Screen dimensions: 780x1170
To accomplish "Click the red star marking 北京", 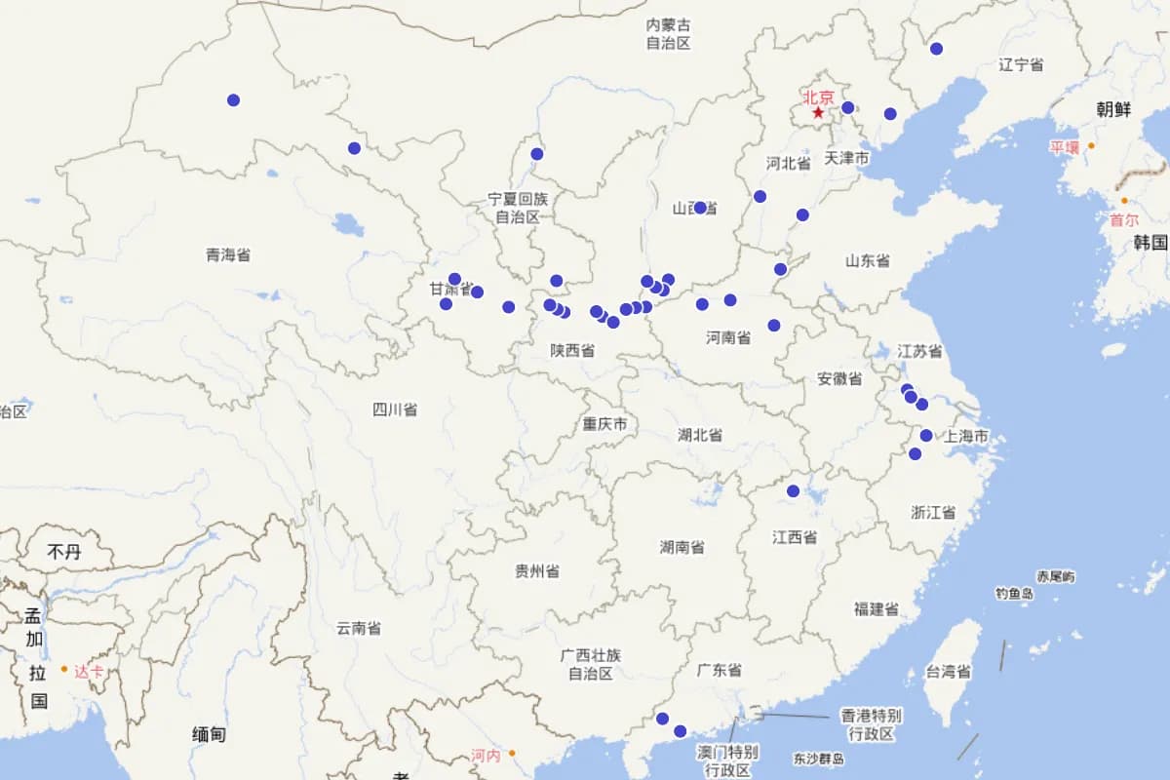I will (818, 113).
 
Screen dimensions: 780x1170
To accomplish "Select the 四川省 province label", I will (395, 409).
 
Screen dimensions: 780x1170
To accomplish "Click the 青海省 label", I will (228, 254).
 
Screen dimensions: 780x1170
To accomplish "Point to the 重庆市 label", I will (604, 424).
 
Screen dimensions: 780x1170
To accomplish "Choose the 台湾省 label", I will (948, 672).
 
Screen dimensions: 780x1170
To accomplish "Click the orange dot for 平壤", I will (1092, 146).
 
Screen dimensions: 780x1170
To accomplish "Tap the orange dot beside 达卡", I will (64, 669).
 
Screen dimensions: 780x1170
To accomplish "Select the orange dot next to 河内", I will (512, 753).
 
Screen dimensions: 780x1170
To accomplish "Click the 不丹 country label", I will (64, 553).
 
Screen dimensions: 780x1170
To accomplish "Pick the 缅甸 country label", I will (209, 734).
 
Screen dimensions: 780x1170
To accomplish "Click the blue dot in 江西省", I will (794, 490).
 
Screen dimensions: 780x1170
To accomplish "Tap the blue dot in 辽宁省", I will (936, 49).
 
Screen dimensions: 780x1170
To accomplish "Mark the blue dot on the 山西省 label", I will (700, 208).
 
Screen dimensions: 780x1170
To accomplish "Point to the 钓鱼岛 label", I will (1014, 593).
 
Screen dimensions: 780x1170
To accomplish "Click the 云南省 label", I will (359, 629).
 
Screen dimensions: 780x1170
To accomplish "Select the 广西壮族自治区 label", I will (591, 664).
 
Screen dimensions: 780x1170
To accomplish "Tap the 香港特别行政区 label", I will (871, 723).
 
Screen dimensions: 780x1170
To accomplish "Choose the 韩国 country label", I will (1150, 243).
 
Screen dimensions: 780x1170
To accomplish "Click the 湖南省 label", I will (682, 547).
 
